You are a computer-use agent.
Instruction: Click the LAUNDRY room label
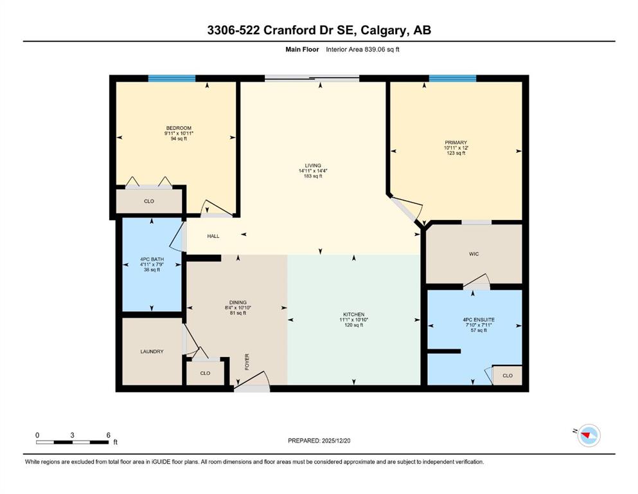pyautogui.click(x=152, y=351)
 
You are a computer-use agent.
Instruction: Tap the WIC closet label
pyautogui.click(x=474, y=254)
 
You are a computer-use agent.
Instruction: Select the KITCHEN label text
pyautogui.click(x=353, y=315)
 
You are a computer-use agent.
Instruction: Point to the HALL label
pyautogui.click(x=213, y=236)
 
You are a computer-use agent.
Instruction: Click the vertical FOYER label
pyautogui.click(x=247, y=362)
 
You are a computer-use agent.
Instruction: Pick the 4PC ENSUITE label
pyautogui.click(x=479, y=320)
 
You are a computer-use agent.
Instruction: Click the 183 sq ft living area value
pyautogui.click(x=313, y=176)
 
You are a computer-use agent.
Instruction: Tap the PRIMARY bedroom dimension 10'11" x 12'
pyautogui.click(x=456, y=148)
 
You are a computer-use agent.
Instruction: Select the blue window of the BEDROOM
pyautogui.click(x=172, y=78)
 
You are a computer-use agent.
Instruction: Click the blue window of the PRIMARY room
pyautogui.click(x=452, y=78)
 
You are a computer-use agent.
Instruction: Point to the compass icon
pyautogui.click(x=589, y=435)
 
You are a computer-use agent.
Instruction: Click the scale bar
pyautogui.click(x=72, y=442)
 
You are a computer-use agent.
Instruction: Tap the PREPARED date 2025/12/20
pyautogui.click(x=335, y=441)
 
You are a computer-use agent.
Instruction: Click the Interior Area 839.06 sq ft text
pyautogui.click(x=362, y=50)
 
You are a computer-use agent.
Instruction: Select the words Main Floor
pyautogui.click(x=302, y=50)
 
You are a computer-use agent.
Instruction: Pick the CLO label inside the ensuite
pyautogui.click(x=508, y=376)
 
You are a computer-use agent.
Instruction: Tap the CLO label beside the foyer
pyautogui.click(x=205, y=373)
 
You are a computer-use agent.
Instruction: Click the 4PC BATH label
pyautogui.click(x=152, y=259)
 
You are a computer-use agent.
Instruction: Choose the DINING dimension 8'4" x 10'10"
pyautogui.click(x=238, y=308)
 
